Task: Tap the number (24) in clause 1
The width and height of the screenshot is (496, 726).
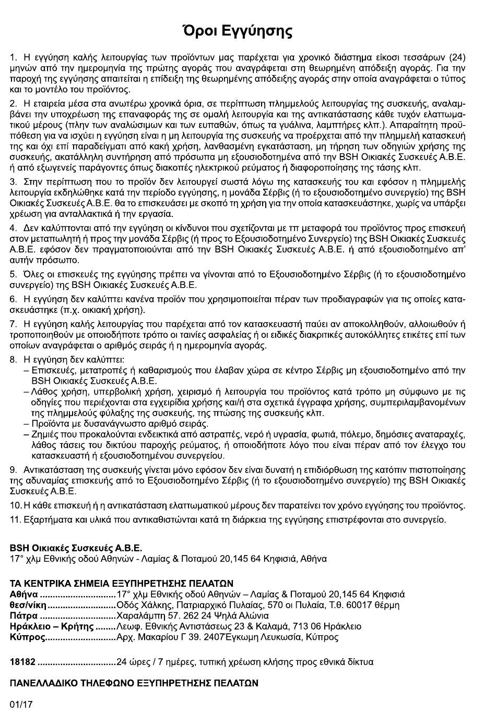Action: (455, 57)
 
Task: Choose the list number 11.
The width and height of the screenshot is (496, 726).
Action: (15, 519)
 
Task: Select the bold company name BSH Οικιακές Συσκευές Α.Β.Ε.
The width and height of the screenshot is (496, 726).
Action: (76, 548)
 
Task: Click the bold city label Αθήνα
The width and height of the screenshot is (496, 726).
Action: (24, 594)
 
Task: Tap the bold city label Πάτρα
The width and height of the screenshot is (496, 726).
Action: (23, 615)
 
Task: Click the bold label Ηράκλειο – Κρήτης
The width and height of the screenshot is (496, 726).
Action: (51, 626)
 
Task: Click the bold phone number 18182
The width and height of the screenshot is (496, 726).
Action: (23, 662)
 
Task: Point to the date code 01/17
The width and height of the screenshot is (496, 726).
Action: (21, 704)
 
